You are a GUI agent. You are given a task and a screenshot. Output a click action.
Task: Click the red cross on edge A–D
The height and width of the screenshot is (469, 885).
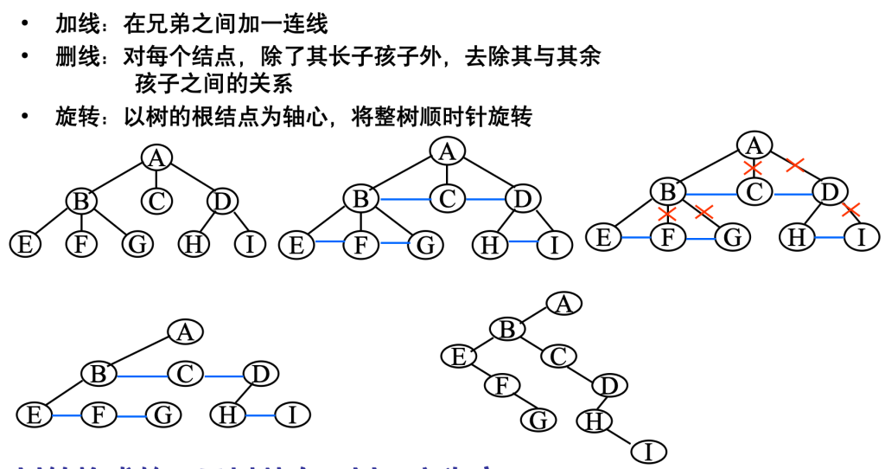[796, 164]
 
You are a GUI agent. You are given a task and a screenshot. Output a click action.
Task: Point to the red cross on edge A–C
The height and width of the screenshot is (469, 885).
[754, 167]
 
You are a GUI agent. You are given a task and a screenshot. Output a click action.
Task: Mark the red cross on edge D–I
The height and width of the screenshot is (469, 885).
[850, 209]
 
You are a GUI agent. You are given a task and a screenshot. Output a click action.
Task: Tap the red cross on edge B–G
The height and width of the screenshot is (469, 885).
[704, 211]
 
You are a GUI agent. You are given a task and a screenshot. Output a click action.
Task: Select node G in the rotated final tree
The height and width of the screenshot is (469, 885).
[538, 420]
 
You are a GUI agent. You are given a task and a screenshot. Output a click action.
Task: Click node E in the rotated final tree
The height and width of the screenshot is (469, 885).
[458, 356]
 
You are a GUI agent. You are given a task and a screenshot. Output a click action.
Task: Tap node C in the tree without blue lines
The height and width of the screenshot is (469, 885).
[156, 202]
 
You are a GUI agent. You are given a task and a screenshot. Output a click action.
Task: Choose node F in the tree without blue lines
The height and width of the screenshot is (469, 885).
[81, 244]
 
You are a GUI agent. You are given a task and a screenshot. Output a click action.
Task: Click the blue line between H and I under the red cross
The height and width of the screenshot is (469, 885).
[829, 236]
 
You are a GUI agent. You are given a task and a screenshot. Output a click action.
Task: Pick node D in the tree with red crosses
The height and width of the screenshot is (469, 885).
[830, 191]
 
